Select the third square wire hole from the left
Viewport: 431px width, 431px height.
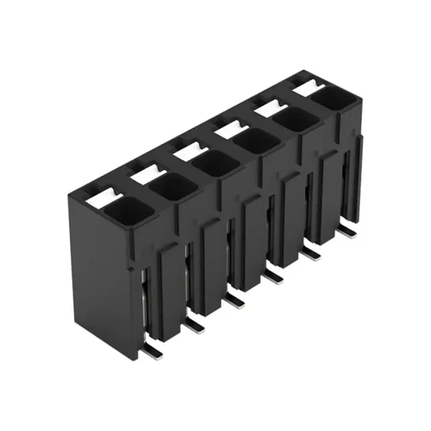214,162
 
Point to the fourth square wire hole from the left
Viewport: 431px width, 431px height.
256,140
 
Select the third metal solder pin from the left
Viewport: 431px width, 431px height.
235,301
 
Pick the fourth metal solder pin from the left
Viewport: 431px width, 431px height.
275,278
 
